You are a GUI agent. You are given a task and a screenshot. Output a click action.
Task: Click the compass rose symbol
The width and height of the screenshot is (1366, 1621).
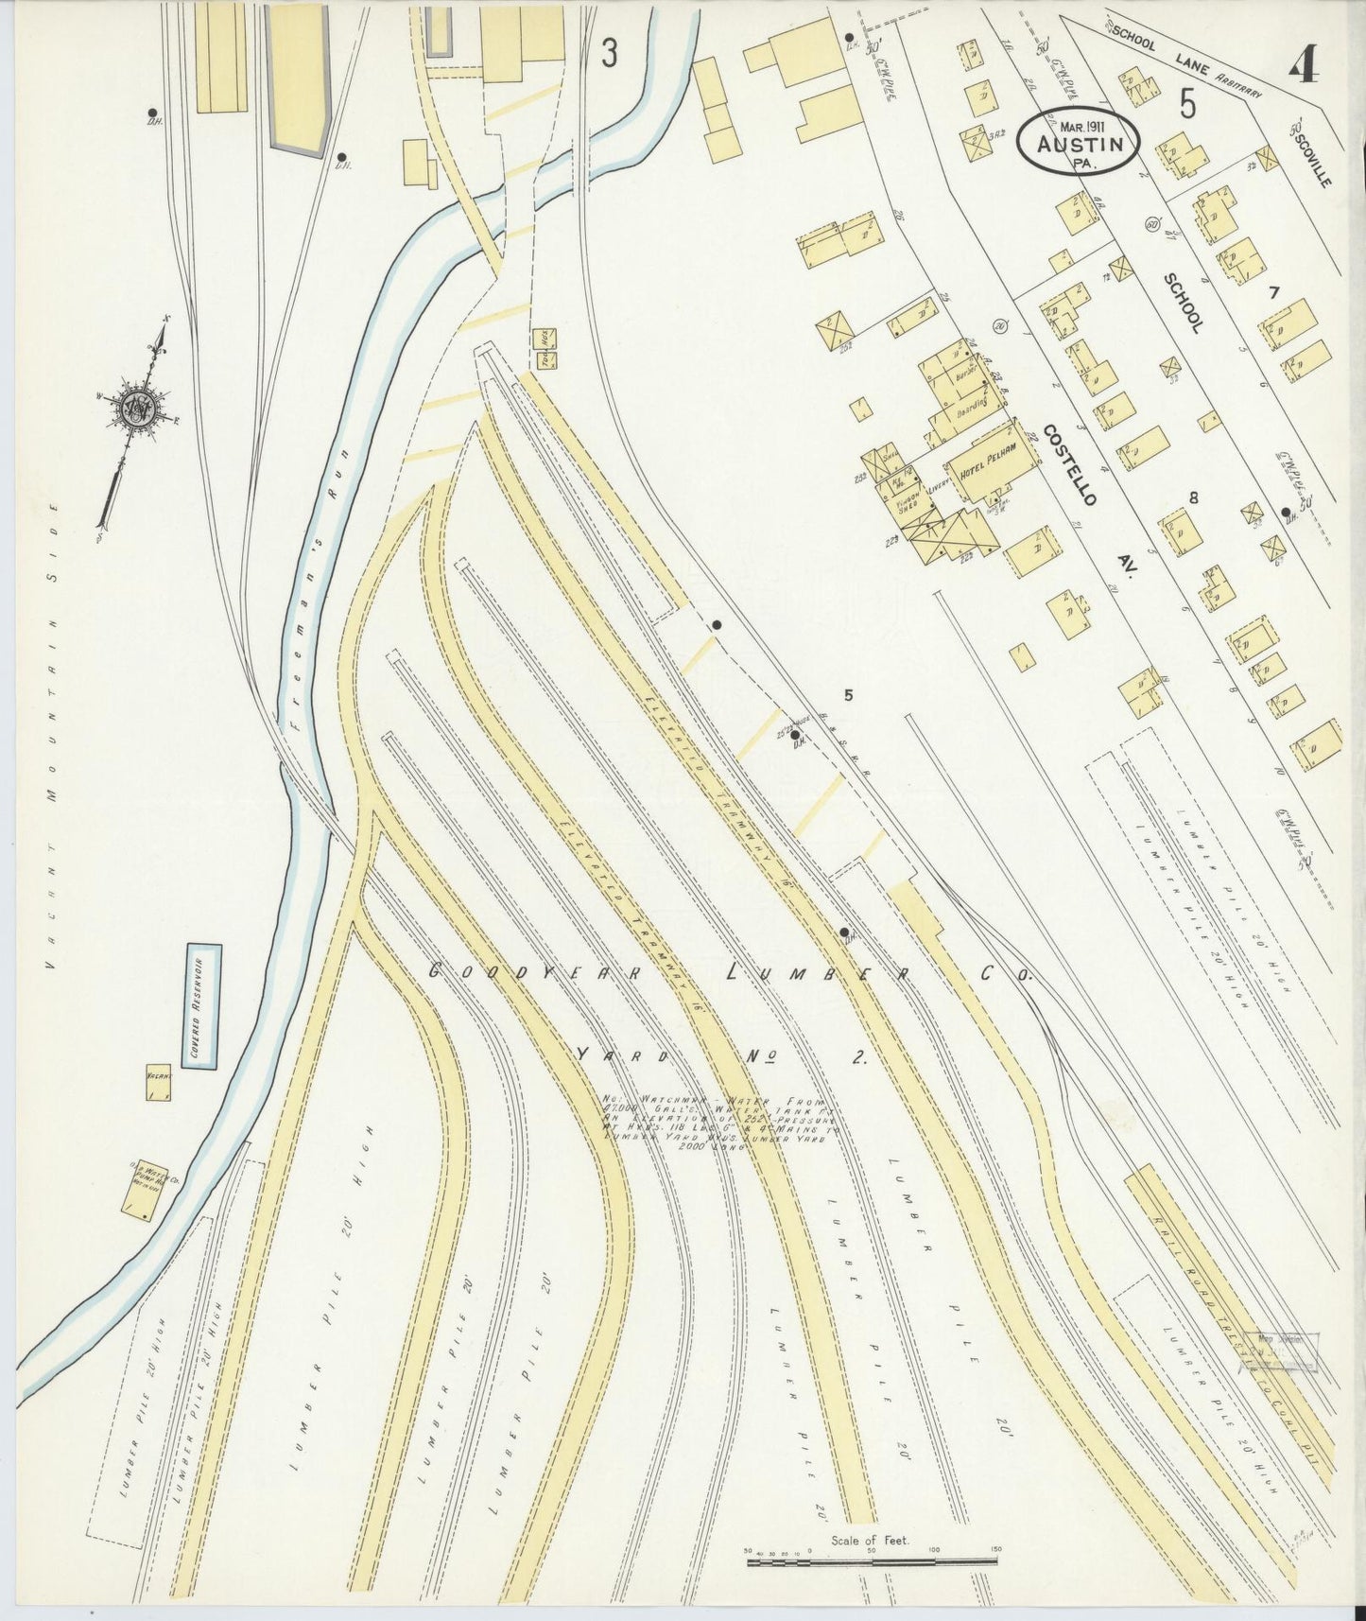pos(138,407)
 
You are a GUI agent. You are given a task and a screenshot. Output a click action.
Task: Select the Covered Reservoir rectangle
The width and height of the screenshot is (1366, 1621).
pos(202,1005)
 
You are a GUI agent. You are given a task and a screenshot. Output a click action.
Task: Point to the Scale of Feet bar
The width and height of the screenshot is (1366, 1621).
pos(872,1561)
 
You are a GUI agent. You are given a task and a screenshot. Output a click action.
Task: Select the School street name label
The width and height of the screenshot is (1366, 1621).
pos(1184,303)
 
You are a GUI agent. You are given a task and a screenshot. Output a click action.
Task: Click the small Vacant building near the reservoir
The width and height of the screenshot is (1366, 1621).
pos(158,1084)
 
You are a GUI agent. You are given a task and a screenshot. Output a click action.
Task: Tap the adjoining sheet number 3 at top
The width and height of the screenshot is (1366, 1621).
pos(610,55)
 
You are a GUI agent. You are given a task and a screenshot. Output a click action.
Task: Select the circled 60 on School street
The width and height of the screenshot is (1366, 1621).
pos(1151,224)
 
